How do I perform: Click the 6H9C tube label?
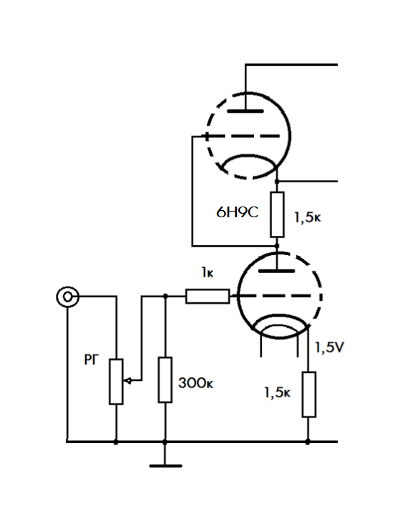(x=237, y=212)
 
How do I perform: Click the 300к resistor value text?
(x=195, y=383)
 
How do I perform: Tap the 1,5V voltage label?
(x=329, y=348)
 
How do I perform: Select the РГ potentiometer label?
(x=92, y=359)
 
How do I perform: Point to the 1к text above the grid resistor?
(x=207, y=272)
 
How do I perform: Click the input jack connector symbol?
(x=67, y=297)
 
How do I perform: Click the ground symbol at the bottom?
(x=165, y=466)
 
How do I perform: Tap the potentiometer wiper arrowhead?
(x=128, y=380)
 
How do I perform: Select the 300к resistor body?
(x=165, y=379)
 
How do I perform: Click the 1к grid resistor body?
(x=207, y=296)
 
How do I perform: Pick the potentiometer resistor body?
(x=116, y=382)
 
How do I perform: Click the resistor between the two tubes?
(x=277, y=214)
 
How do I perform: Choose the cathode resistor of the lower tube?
(x=308, y=395)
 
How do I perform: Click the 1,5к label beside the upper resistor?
(x=308, y=217)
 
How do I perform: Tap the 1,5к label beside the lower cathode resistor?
(x=277, y=392)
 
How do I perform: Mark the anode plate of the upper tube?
(x=245, y=111)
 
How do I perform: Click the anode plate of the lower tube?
(x=277, y=271)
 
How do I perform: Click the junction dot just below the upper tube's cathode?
(x=277, y=181)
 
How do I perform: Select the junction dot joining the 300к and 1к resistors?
(x=165, y=296)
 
